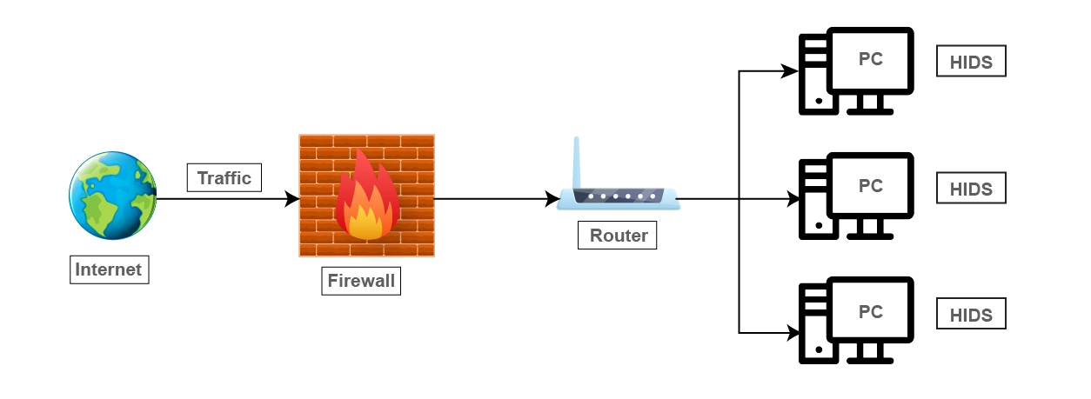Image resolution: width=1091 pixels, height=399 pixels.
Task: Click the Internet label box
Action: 108,269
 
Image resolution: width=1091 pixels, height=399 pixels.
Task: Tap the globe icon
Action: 112,197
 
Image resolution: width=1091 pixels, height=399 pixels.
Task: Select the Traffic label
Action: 224,178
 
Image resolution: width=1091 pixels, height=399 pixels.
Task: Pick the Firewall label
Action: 360,281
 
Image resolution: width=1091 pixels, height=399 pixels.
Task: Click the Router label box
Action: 618,236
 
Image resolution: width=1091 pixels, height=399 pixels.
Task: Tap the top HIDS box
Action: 970,63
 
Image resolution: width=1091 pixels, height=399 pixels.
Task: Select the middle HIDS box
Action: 970,188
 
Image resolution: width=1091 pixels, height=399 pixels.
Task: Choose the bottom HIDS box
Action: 970,314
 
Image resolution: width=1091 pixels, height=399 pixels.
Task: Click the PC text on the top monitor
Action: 870,59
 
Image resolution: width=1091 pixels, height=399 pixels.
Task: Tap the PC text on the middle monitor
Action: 870,185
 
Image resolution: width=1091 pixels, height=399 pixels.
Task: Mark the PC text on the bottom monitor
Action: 870,311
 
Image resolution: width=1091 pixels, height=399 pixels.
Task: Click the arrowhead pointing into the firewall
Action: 292,199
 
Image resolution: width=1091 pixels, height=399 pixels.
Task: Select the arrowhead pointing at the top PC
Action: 791,71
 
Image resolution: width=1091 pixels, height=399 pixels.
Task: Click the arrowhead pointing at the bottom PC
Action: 793,332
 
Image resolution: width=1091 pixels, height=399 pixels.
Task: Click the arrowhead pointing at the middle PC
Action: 793,199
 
